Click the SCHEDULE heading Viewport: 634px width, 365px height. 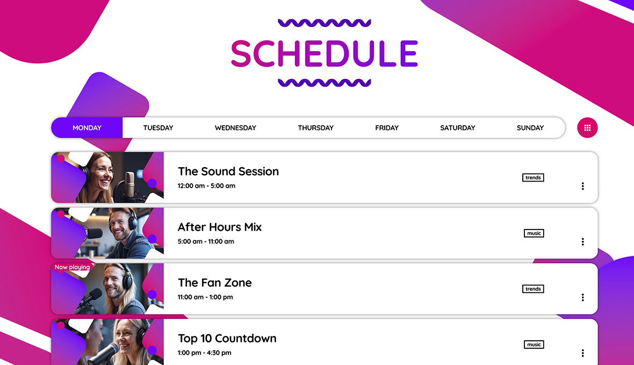click(x=324, y=53)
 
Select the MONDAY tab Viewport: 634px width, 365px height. click(x=87, y=128)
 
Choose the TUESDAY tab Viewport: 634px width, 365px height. click(x=158, y=128)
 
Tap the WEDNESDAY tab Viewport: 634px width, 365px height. click(x=235, y=128)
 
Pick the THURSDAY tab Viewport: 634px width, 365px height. click(x=315, y=128)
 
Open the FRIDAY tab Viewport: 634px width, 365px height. click(x=387, y=128)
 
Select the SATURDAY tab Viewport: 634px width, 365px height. click(x=457, y=128)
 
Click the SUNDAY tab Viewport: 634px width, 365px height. click(x=530, y=128)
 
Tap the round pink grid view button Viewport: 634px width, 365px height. click(x=587, y=128)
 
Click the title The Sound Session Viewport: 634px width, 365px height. click(x=228, y=171)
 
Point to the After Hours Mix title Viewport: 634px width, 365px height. click(x=220, y=227)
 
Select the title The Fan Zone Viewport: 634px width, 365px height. click(x=214, y=283)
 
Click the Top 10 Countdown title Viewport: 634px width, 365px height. click(x=227, y=339)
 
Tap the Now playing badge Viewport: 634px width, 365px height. click(x=72, y=267)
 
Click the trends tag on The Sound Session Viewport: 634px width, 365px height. click(x=533, y=177)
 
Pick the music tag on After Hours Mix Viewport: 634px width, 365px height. click(x=534, y=233)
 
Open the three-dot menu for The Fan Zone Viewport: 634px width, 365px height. click(x=582, y=297)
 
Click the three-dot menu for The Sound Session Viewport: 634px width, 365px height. click(x=582, y=186)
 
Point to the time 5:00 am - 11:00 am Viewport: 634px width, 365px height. click(x=206, y=241)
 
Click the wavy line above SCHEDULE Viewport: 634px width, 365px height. click(x=324, y=23)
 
